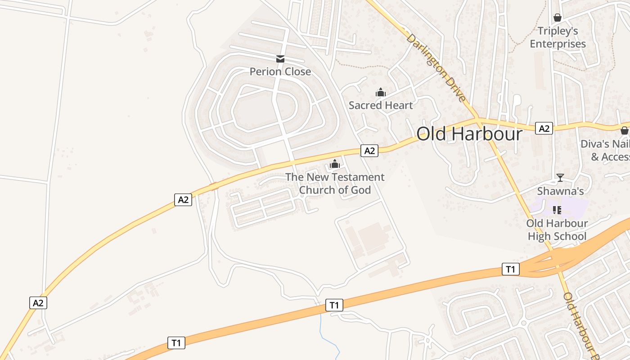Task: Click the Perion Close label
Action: click(x=280, y=72)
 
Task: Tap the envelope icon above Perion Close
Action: click(x=280, y=58)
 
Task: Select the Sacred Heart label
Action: click(x=381, y=105)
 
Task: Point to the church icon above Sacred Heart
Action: click(x=381, y=93)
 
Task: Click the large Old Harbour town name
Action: click(x=469, y=134)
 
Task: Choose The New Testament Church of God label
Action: click(x=335, y=184)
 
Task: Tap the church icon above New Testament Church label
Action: click(x=334, y=164)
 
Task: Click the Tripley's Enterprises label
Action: click(x=558, y=37)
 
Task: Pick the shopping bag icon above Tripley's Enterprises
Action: click(x=558, y=18)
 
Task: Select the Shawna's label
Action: click(x=560, y=191)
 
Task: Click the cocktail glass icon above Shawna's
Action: click(x=560, y=178)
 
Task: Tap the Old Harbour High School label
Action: click(x=557, y=230)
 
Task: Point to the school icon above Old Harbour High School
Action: click(x=557, y=210)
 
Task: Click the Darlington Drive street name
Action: click(x=436, y=67)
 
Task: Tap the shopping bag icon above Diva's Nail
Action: click(x=624, y=130)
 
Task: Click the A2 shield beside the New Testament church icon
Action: click(x=369, y=151)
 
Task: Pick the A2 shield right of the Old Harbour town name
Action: click(x=544, y=129)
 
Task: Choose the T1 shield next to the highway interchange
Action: click(x=510, y=269)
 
